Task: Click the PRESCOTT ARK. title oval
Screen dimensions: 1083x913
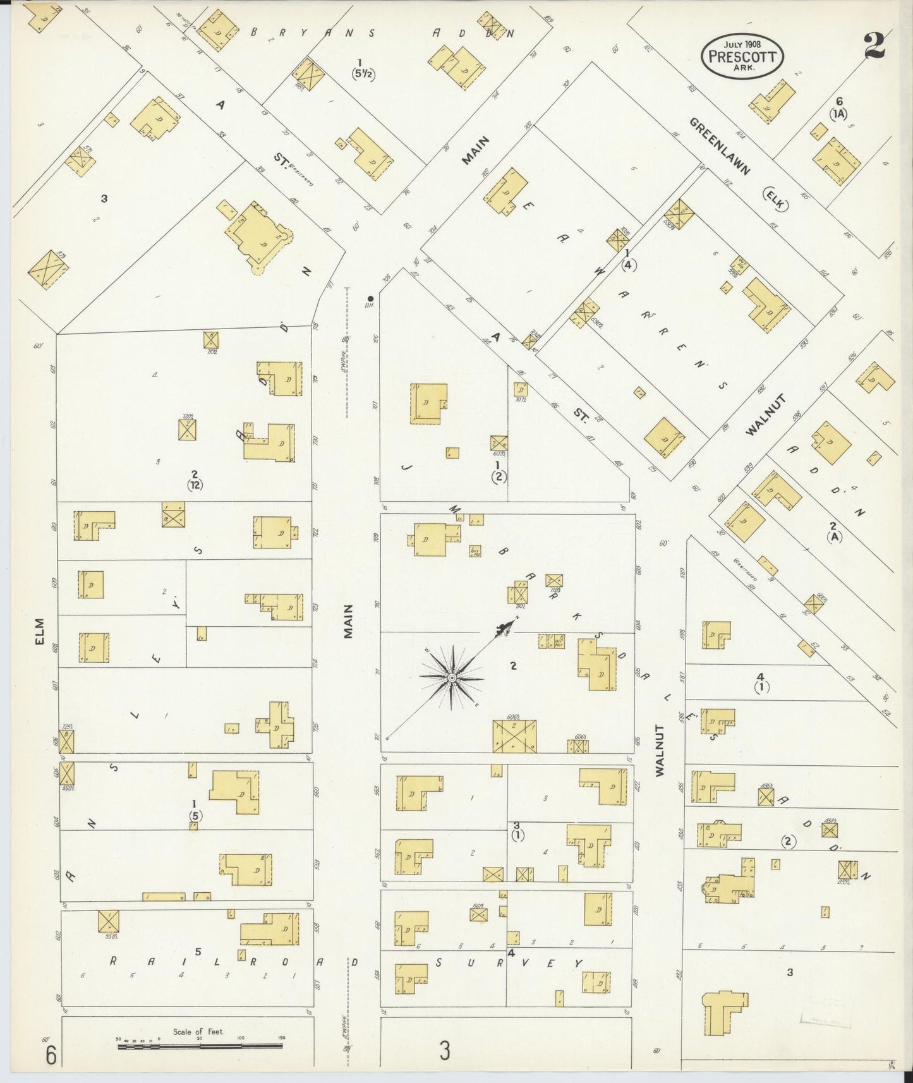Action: pyautogui.click(x=742, y=55)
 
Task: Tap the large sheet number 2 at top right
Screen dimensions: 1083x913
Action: pyautogui.click(x=875, y=44)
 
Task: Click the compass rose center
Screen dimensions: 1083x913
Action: pyautogui.click(x=452, y=678)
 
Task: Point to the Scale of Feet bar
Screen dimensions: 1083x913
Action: pyautogui.click(x=201, y=1046)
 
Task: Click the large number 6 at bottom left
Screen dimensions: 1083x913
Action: pyautogui.click(x=51, y=1055)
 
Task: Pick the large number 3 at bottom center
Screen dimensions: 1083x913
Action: pyautogui.click(x=445, y=1051)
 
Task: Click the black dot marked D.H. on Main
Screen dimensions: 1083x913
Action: pyautogui.click(x=371, y=298)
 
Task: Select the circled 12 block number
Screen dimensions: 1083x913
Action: pyautogui.click(x=195, y=485)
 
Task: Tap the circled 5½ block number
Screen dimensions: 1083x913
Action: pyautogui.click(x=363, y=73)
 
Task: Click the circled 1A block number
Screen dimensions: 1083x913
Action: pyautogui.click(x=838, y=113)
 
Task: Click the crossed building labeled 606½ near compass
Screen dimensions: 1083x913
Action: pyautogui.click(x=515, y=736)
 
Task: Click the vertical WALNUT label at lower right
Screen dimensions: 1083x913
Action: pyautogui.click(x=661, y=751)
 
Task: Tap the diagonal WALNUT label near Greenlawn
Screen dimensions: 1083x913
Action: pyautogui.click(x=766, y=414)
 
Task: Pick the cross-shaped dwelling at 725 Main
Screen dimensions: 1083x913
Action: pyautogui.click(x=275, y=725)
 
